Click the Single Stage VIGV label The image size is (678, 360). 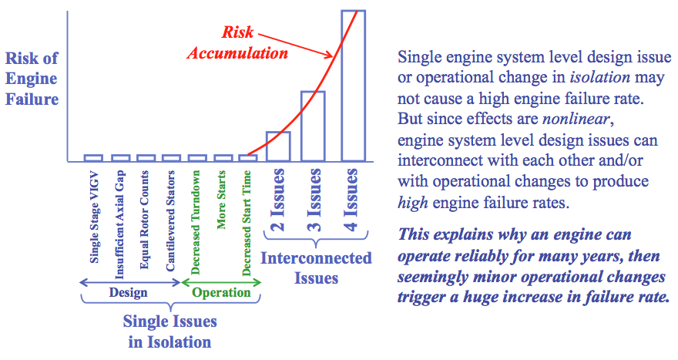click(94, 217)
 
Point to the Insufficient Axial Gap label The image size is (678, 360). click(119, 224)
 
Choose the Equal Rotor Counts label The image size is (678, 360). click(144, 220)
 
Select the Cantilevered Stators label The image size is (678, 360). click(170, 221)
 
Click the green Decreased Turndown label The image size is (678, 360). click(196, 223)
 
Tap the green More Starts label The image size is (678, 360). click(221, 200)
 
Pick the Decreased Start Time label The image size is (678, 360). click(247, 224)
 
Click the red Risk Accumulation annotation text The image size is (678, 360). click(237, 42)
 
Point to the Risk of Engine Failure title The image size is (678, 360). click(32, 79)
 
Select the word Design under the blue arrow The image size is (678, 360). click(128, 292)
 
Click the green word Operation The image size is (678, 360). click(221, 293)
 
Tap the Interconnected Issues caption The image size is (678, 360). click(316, 267)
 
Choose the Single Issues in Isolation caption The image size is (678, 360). click(170, 331)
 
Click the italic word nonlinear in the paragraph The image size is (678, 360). click(576, 119)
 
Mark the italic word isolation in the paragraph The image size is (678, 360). click(600, 77)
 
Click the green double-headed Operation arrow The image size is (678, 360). click(221, 283)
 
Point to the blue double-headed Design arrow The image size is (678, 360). click(130, 283)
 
